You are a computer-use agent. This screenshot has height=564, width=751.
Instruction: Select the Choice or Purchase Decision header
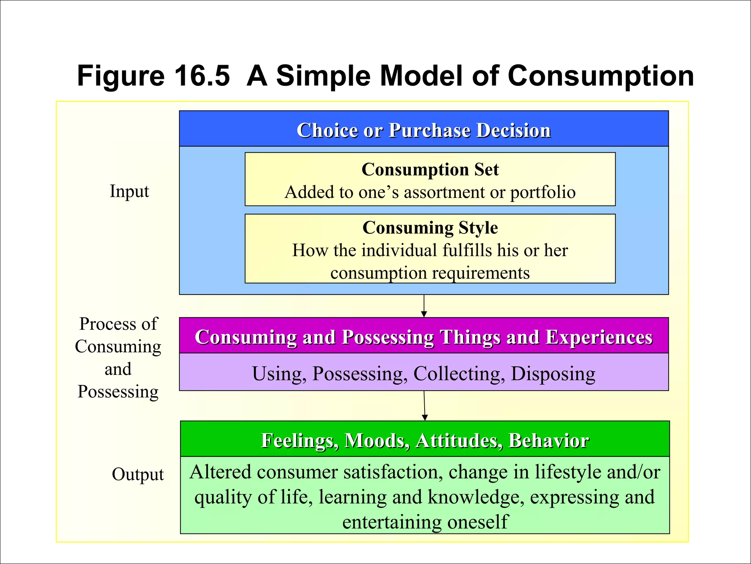(424, 130)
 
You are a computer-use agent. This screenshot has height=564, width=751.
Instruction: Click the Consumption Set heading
(430, 170)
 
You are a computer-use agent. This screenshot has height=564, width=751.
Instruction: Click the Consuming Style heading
(430, 228)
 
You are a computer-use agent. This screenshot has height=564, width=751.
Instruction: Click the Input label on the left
(129, 191)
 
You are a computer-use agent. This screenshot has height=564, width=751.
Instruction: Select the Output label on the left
(138, 474)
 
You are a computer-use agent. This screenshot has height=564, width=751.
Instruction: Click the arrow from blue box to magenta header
(424, 306)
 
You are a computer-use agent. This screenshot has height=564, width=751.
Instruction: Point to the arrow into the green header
(425, 406)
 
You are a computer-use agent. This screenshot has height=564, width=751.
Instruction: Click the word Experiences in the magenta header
(599, 337)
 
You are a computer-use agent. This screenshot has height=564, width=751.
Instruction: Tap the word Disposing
(553, 374)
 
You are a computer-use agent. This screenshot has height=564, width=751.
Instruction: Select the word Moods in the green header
(377, 441)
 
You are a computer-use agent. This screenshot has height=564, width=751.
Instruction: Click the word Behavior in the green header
(549, 441)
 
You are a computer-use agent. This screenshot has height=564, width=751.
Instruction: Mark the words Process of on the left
(118, 324)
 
